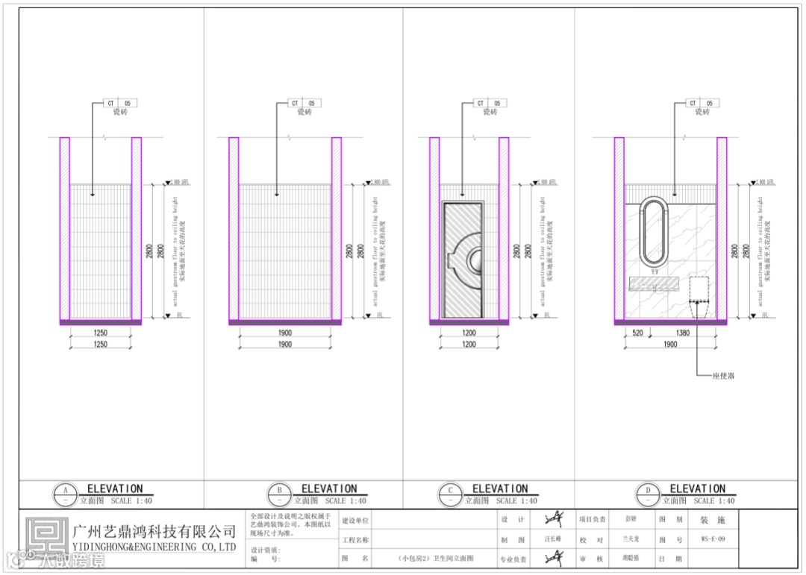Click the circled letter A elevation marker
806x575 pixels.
pyautogui.click(x=66, y=494)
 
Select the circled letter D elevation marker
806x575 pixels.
pyautogui.click(x=647, y=494)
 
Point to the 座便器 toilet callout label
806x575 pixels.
pyautogui.click(x=724, y=376)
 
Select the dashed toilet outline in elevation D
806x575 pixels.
pyautogui.click(x=698, y=298)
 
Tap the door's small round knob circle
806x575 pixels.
pyautogui.click(x=475, y=260)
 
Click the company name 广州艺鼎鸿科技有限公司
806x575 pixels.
pyautogui.click(x=154, y=531)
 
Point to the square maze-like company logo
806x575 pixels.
pyautogui.click(x=46, y=537)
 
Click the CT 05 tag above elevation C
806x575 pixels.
pyautogui.click(x=489, y=103)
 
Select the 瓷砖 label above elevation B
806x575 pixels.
pyautogui.click(x=304, y=112)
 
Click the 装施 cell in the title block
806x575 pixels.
pyautogui.click(x=707, y=520)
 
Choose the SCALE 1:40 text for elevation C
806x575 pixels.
pyautogui.click(x=516, y=501)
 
